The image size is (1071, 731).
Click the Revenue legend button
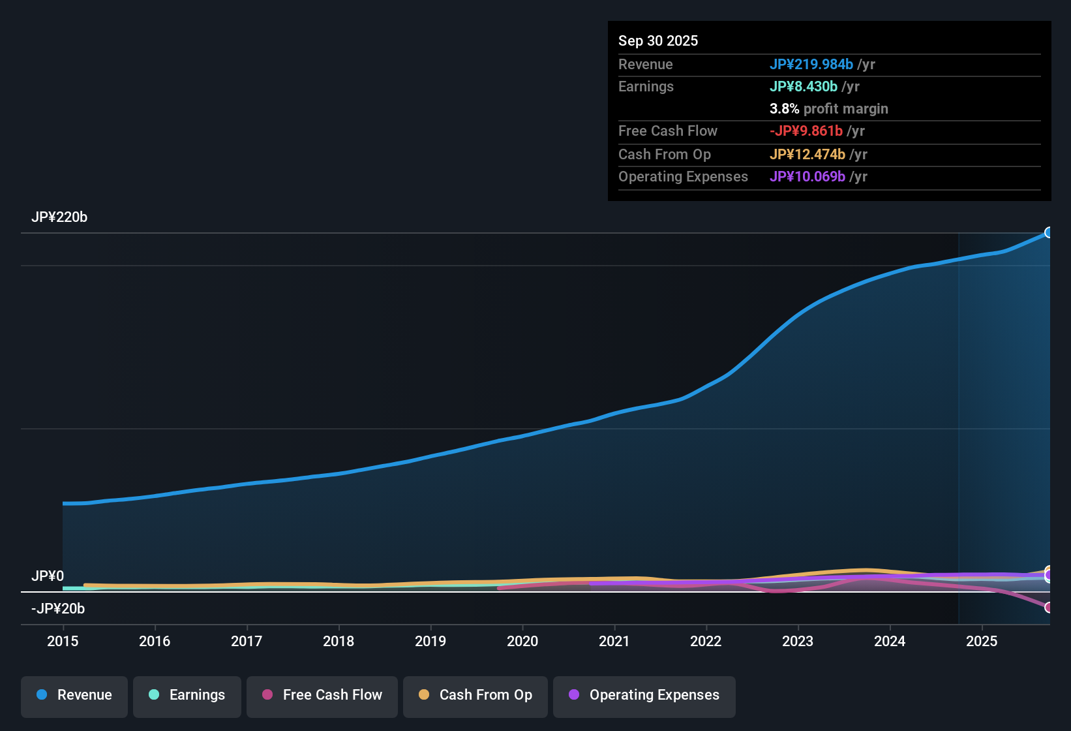74,695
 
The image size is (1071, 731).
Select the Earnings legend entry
187,695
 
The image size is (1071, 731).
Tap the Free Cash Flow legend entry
322,695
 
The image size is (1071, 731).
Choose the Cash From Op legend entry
475,695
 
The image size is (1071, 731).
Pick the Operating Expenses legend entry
644,695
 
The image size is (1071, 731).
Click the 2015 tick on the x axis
63,641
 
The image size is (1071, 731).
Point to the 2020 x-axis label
522,641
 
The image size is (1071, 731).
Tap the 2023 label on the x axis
798,641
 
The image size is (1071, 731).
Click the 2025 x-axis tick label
982,641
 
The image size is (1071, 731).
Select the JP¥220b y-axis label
59,217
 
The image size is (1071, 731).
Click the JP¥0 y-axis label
48,576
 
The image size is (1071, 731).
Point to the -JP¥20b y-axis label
58,609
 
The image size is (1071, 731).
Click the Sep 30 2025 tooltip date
657,40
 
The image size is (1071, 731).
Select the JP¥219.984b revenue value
811,64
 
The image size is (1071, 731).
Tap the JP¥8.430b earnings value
803,87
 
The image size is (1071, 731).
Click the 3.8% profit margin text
828,109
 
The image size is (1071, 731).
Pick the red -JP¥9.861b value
806,131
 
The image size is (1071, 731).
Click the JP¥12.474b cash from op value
807,155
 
